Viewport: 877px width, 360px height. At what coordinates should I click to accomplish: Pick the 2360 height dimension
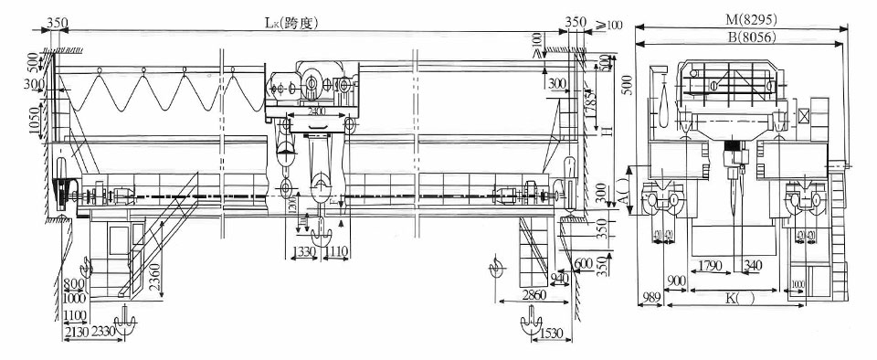(156, 275)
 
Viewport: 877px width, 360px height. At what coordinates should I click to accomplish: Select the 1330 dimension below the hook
(306, 251)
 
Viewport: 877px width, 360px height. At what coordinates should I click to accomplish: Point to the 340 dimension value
(752, 266)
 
